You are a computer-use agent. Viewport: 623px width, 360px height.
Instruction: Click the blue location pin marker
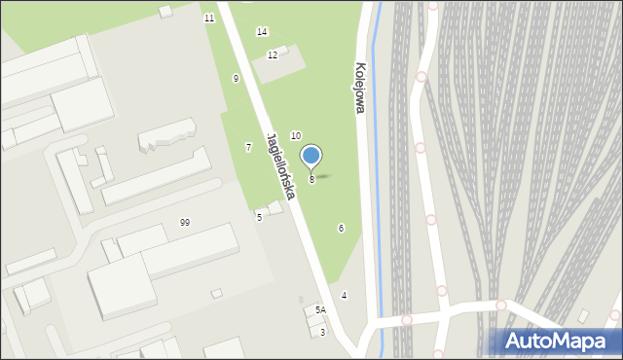[311, 156]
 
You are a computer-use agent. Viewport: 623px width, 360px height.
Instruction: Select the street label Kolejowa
[359, 90]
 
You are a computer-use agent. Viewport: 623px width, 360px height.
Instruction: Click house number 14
[262, 32]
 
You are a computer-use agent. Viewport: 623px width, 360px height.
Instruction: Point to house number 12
[273, 55]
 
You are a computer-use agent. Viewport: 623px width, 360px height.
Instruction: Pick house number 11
[209, 18]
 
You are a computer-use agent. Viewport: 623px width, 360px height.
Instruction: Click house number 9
[236, 78]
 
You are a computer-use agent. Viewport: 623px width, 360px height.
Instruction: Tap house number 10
[296, 136]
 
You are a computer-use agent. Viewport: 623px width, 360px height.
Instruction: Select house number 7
[248, 147]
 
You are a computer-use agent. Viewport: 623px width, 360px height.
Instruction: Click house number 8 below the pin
[311, 180]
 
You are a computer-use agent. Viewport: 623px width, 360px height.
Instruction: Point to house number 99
[185, 223]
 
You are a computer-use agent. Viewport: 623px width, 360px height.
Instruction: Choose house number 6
[341, 229]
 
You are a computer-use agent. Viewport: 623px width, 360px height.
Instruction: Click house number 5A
[320, 310]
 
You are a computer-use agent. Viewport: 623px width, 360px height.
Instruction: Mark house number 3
[323, 333]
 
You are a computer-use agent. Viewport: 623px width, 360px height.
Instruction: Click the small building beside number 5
[275, 207]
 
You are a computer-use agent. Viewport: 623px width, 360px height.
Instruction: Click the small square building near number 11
[165, 11]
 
